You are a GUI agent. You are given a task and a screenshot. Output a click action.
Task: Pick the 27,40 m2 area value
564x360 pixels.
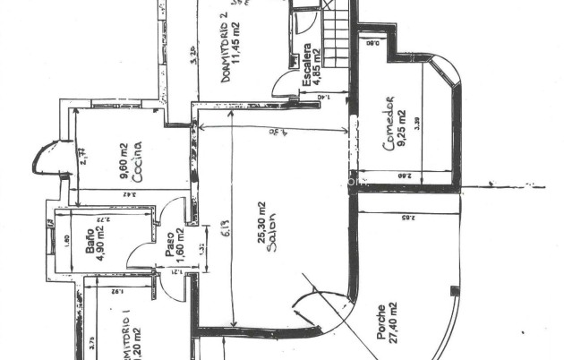[x=395, y=322]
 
